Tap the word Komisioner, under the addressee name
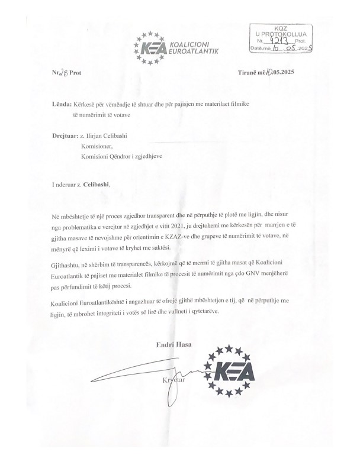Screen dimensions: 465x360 click(96, 146)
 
